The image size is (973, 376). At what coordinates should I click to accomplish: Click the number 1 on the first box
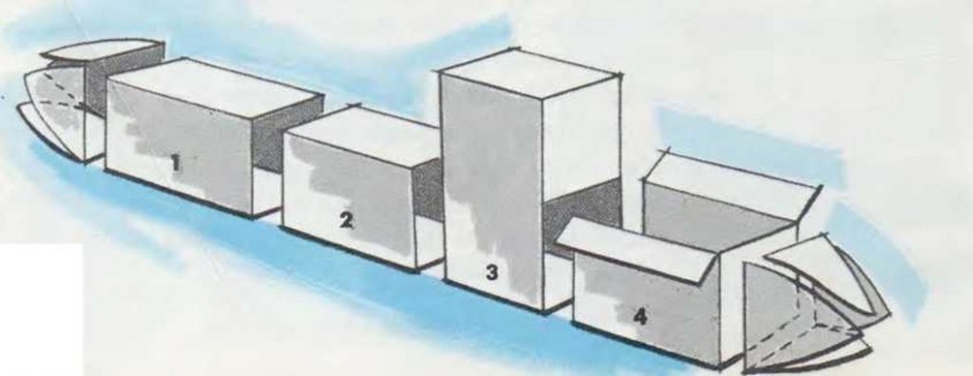176,163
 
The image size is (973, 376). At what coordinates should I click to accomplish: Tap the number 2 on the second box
347,219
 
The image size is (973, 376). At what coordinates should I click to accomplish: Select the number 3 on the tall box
492,272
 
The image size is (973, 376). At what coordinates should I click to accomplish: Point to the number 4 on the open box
639,316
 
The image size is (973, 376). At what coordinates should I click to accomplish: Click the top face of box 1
214,85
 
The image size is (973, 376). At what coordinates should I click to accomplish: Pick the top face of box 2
364,134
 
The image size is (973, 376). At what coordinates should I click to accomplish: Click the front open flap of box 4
637,248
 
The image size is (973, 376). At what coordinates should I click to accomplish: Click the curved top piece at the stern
104,49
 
